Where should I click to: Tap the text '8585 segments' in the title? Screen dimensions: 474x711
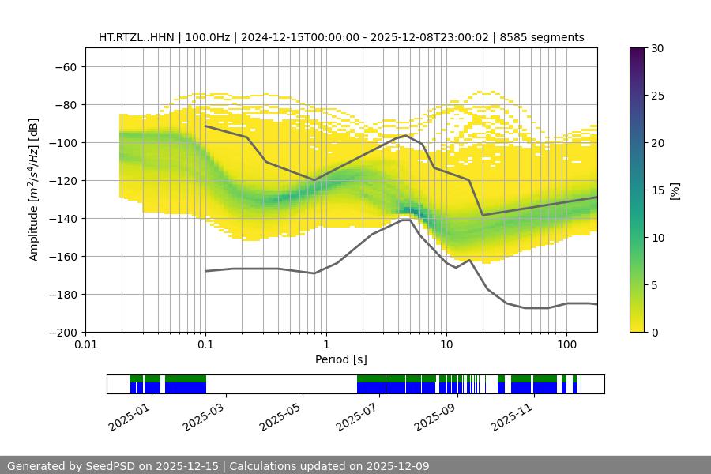point(546,37)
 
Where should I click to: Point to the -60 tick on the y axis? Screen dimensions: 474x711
point(65,66)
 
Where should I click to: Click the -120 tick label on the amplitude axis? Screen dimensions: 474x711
point(62,180)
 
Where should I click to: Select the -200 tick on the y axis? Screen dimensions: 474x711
point(62,332)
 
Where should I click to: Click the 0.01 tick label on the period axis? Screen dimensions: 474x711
point(85,344)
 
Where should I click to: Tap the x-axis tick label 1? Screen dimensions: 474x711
point(325,344)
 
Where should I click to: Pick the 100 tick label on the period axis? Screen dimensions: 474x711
point(566,344)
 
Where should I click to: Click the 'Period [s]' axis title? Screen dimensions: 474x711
point(341,359)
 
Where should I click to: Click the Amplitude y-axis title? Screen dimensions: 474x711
point(33,190)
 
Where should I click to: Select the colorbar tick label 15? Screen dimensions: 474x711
point(656,190)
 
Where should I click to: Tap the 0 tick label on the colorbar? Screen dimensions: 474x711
point(653,332)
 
